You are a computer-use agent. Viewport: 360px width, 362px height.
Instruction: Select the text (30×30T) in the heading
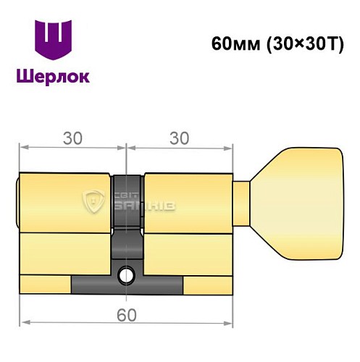tap(300, 42)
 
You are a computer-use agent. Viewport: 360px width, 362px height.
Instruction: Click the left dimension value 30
tap(72, 135)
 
